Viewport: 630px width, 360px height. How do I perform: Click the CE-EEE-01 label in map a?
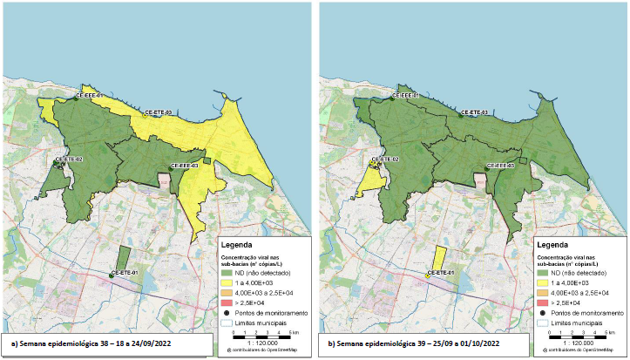(x=90, y=95)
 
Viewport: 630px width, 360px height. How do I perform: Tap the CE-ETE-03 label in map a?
(x=158, y=112)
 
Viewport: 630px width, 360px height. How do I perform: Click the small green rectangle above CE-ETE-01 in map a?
(x=123, y=258)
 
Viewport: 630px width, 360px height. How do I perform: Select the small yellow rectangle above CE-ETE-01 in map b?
(x=440, y=258)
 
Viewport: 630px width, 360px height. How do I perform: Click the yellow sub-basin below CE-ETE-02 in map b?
(x=376, y=177)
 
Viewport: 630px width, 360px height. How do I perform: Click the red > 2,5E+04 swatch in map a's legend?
(x=228, y=302)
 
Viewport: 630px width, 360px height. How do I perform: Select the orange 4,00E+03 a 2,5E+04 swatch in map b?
(x=545, y=293)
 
